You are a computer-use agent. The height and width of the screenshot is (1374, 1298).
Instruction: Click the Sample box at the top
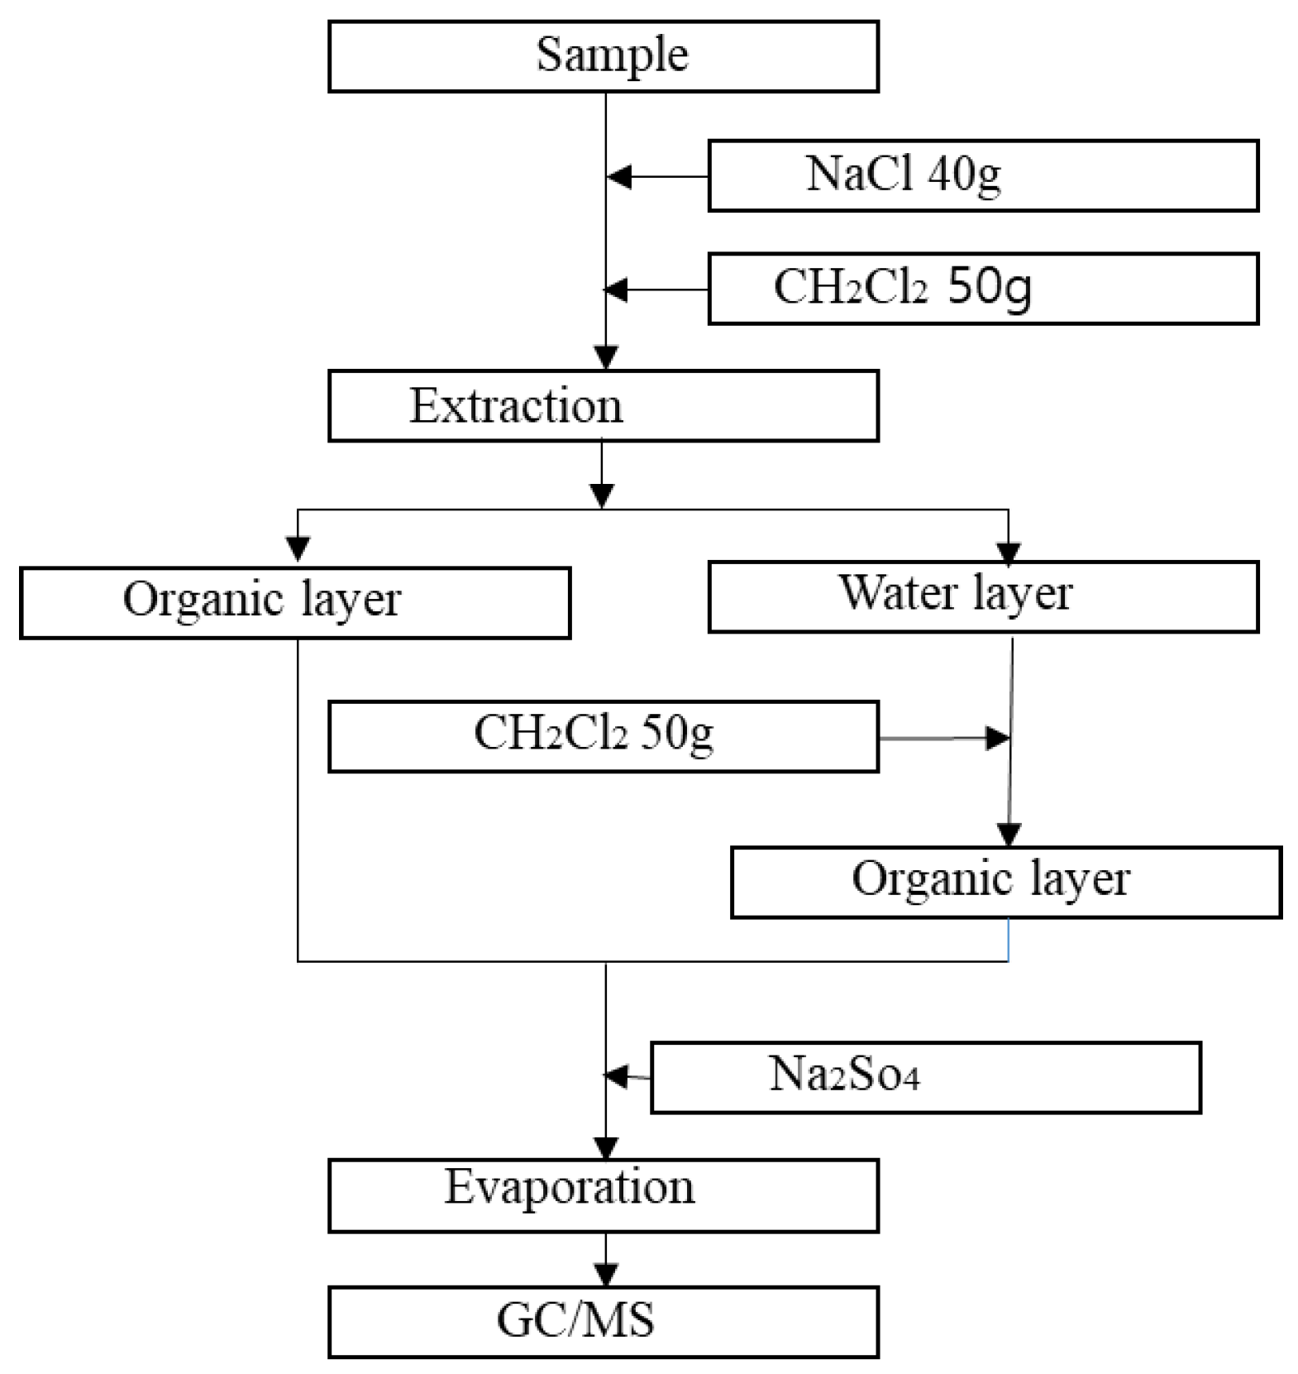tap(603, 56)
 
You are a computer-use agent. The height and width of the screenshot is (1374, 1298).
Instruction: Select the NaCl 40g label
tap(903, 175)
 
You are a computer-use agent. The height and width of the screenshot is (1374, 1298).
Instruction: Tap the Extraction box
tap(603, 405)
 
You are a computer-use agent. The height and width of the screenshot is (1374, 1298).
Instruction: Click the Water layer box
tap(982, 596)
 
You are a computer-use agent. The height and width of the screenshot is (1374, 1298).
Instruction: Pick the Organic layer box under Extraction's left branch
tap(294, 602)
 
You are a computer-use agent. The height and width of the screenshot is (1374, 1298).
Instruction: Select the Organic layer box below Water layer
tap(1005, 882)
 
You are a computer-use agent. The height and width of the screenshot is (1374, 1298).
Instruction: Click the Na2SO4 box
tap(925, 1077)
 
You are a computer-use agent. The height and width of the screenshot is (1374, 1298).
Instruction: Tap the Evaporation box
tap(603, 1194)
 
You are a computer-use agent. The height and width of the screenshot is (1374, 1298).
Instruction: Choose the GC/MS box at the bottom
tap(603, 1321)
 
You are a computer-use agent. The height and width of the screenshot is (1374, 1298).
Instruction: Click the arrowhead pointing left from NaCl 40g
tap(619, 176)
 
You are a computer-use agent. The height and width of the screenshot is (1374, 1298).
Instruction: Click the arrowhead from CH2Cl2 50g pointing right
tap(998, 738)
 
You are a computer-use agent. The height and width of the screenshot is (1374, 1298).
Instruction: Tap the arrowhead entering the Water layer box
tap(1009, 553)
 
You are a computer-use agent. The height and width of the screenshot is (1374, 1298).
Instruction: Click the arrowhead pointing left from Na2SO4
tap(617, 1075)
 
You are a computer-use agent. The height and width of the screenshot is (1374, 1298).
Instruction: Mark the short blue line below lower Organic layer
tap(1008, 940)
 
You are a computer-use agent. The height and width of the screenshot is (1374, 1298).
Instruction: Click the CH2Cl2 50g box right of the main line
tap(982, 289)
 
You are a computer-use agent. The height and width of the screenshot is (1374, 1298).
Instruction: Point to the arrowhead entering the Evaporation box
tap(606, 1147)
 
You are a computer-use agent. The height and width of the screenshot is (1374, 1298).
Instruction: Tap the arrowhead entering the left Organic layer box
tap(298, 548)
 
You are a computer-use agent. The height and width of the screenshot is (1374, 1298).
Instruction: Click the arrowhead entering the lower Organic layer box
tap(1009, 835)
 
